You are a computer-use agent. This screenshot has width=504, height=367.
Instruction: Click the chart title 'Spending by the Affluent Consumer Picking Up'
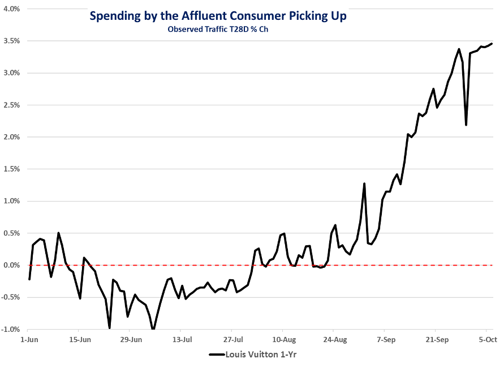(x=218, y=16)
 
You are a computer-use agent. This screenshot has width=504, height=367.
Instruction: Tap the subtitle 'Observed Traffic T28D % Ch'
(x=217, y=30)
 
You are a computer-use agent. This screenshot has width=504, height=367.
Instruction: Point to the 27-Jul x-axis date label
(x=232, y=340)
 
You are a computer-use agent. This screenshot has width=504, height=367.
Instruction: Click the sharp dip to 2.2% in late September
(x=466, y=125)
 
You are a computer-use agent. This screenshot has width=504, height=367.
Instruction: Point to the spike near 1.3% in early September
(x=364, y=183)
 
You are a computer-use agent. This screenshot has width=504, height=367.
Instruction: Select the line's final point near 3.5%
(x=492, y=44)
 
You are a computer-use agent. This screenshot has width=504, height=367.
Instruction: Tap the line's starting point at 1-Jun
(x=29, y=279)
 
